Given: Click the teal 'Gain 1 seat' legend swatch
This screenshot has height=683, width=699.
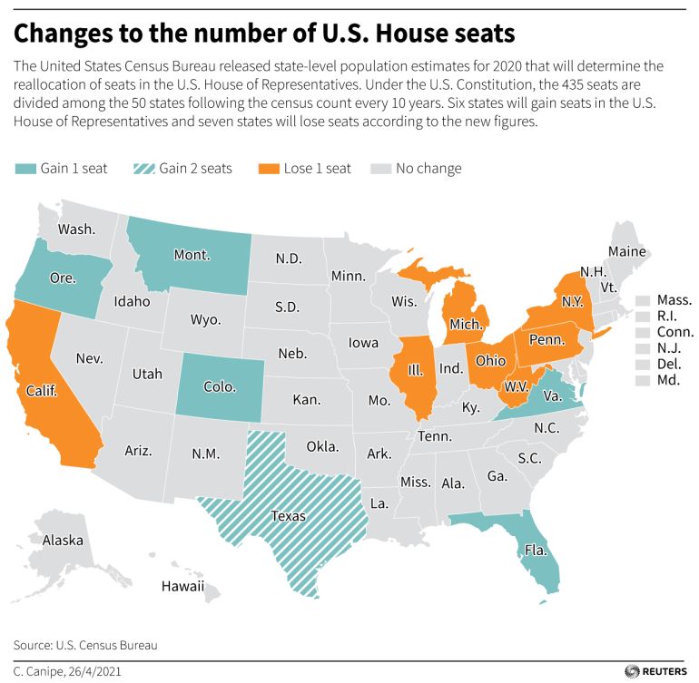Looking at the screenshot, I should [25, 169].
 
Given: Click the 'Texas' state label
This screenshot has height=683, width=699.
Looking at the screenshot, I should [288, 516].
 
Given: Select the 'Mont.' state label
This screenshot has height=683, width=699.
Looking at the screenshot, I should [192, 255].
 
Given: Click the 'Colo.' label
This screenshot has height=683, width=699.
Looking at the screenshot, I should [219, 386].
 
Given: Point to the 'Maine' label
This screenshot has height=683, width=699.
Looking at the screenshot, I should [627, 251].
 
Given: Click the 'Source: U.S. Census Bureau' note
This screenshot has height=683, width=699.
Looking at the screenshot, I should [85, 645].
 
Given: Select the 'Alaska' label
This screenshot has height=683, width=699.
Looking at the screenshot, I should [63, 541].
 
